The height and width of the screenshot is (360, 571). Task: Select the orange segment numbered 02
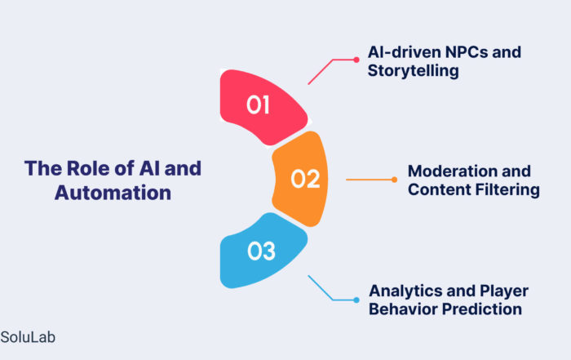301,179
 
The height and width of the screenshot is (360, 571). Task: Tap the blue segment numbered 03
262,251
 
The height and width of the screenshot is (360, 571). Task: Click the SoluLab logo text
28,337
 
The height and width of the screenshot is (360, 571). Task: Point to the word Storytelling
413,71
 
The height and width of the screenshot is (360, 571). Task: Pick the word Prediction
482,309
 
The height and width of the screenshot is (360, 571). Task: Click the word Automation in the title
113,193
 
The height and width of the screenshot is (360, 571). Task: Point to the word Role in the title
88,168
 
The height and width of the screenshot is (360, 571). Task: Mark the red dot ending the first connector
356,60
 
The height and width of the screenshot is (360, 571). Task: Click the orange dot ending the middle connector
394,180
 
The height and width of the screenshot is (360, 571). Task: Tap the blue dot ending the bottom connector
356,300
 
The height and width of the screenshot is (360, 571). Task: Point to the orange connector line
369,180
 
